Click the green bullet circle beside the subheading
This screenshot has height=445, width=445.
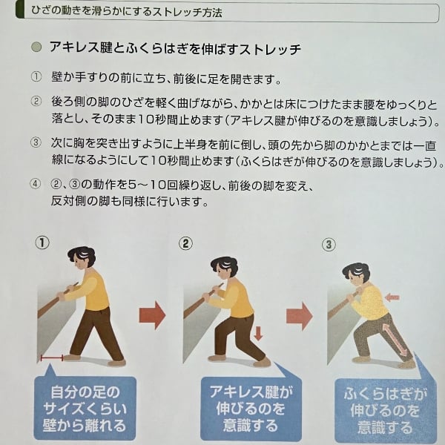[x=36, y=47]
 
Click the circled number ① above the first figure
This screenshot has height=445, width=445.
[x=42, y=243]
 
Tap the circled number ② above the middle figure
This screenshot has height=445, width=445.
[x=185, y=243]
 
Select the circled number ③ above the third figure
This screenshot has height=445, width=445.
[x=329, y=245]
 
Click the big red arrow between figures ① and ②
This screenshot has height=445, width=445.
[x=152, y=315]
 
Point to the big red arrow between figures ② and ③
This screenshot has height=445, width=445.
[x=299, y=316]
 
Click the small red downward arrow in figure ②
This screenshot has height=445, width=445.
[x=258, y=333]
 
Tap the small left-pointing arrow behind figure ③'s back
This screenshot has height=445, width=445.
[x=392, y=297]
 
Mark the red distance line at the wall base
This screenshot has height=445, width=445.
[x=52, y=357]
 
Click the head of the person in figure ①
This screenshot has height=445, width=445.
[x=82, y=258]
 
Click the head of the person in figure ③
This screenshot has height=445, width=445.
[x=356, y=274]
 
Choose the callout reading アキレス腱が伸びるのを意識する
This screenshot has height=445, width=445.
[x=251, y=409]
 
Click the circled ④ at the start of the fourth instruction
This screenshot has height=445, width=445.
[x=35, y=184]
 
